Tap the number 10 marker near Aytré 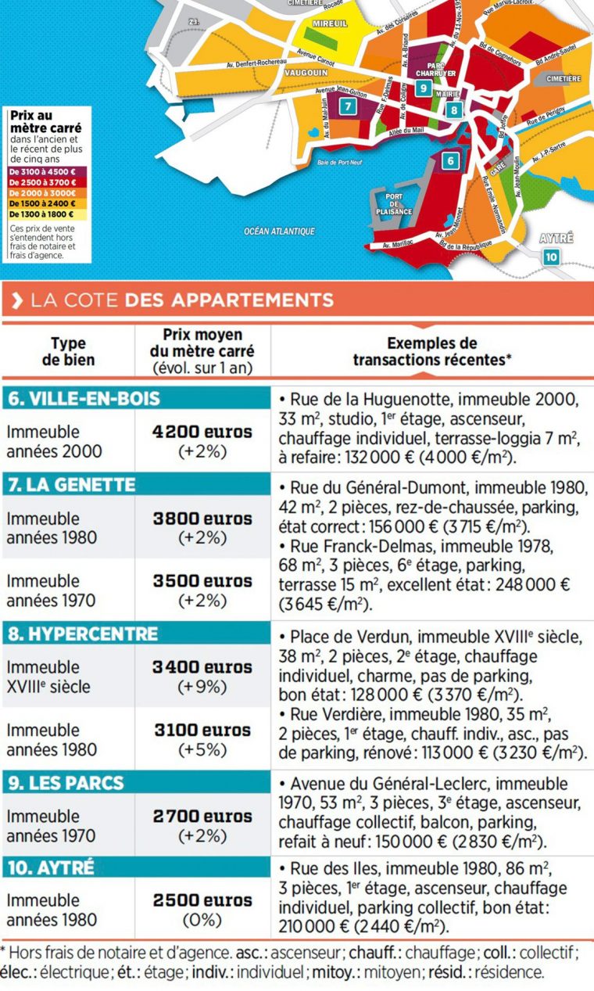tap(552, 256)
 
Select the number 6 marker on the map tap(449, 162)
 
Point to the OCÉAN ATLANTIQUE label tap(279, 232)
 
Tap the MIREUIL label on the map tap(329, 24)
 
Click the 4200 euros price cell tap(202, 433)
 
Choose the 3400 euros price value tap(202, 667)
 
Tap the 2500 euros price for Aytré tap(202, 899)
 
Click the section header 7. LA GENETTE tap(69, 485)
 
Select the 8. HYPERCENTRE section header tap(82, 634)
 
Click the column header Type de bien tap(68, 352)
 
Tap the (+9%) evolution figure tap(202, 688)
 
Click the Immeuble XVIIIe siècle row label tap(48, 677)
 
